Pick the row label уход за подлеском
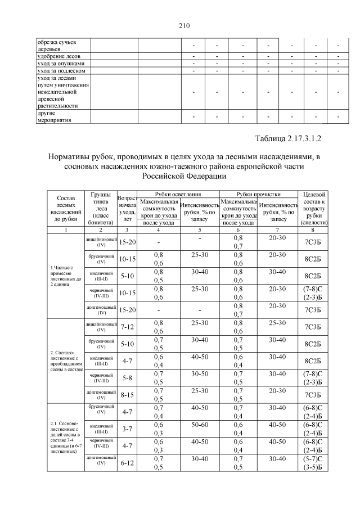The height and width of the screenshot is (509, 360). point(61,71)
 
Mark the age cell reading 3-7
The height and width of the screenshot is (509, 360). point(127,429)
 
